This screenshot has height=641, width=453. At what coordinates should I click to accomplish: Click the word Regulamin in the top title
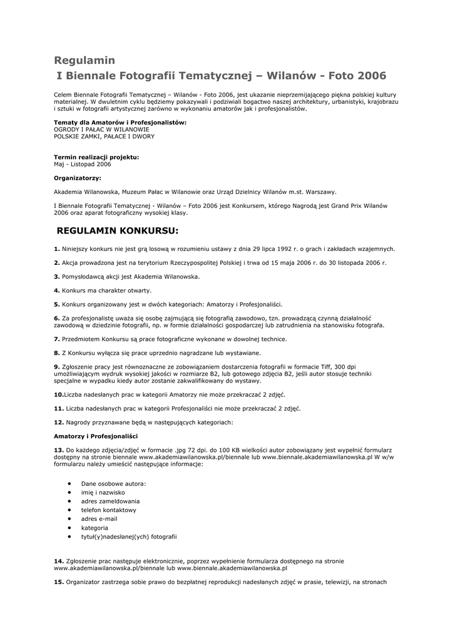pyautogui.click(x=84, y=61)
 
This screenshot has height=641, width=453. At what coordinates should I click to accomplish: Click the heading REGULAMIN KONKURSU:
pyautogui.click(x=118, y=230)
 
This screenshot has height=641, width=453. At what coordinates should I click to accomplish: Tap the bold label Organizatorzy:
pyautogui.click(x=78, y=178)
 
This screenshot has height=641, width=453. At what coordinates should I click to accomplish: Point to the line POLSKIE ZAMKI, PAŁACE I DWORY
pyautogui.click(x=104, y=136)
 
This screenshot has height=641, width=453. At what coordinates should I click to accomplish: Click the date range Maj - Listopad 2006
pyautogui.click(x=83, y=164)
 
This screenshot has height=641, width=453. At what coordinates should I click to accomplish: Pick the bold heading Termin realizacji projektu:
pyautogui.click(x=96, y=157)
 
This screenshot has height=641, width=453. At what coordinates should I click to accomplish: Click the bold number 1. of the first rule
pyautogui.click(x=57, y=249)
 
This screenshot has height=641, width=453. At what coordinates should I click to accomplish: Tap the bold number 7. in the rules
pyautogui.click(x=57, y=339)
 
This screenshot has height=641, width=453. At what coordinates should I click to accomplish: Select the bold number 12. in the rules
pyautogui.click(x=59, y=422)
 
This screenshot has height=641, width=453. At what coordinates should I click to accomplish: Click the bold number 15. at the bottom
pyautogui.click(x=59, y=582)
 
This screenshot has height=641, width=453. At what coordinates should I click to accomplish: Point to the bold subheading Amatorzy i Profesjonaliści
pyautogui.click(x=96, y=436)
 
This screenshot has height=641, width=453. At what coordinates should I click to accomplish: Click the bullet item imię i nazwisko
pyautogui.click(x=103, y=493)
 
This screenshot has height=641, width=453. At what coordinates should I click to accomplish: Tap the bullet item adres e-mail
pyautogui.click(x=99, y=519)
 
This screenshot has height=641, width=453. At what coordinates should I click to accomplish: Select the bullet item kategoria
pyautogui.click(x=94, y=528)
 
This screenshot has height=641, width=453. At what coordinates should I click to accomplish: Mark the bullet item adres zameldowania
pyautogui.click(x=110, y=501)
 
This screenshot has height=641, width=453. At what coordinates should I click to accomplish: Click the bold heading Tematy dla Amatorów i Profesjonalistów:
pyautogui.click(x=120, y=122)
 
